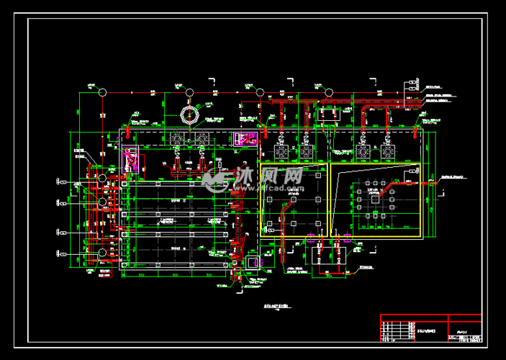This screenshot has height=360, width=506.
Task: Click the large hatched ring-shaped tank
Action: tap(189, 116)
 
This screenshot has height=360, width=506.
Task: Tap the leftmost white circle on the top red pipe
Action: tap(101, 92)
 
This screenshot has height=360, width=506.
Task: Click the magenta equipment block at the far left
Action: tap(132, 158)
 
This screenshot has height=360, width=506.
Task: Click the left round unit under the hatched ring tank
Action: tap(177, 138)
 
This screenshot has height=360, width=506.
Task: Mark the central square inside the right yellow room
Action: tap(374, 203)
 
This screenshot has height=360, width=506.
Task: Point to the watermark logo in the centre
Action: tap(252, 177)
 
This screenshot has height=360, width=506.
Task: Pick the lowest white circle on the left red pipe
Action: tap(103, 253)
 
